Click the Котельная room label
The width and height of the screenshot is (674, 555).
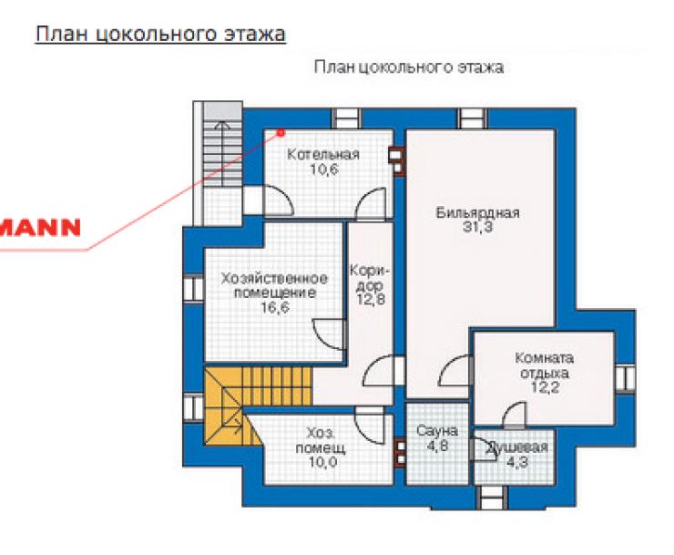click(x=322, y=154)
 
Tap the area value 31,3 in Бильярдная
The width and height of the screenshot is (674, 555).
click(x=477, y=227)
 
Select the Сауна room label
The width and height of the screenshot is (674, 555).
click(x=436, y=431)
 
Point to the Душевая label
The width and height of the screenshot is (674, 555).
click(x=517, y=447)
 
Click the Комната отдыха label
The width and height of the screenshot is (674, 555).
click(x=544, y=365)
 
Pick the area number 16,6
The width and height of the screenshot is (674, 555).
click(x=275, y=308)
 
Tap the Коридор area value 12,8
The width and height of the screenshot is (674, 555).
click(x=371, y=299)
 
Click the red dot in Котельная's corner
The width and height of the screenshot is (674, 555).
click(x=281, y=133)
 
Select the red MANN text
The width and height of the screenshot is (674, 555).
click(x=40, y=227)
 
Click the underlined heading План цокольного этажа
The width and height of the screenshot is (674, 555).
click(x=160, y=34)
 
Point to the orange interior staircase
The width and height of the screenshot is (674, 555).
click(x=257, y=405)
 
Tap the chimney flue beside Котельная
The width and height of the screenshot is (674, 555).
click(x=397, y=161)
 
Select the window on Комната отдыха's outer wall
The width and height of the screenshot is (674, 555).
click(x=626, y=378)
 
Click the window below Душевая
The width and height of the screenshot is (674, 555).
click(x=490, y=498)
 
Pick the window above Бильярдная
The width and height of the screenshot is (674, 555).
click(x=473, y=118)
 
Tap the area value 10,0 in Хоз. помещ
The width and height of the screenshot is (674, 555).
click(x=322, y=463)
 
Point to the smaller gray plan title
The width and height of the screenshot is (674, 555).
click(x=409, y=67)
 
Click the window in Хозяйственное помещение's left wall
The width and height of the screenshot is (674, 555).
click(x=193, y=288)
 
